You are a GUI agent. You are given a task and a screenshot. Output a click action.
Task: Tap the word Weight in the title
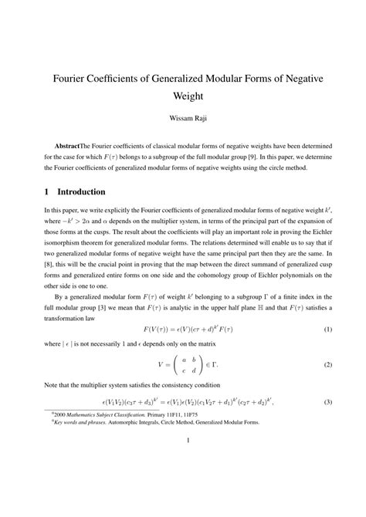click(183, 100)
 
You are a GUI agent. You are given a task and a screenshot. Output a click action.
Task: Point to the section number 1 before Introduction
click(46, 191)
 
